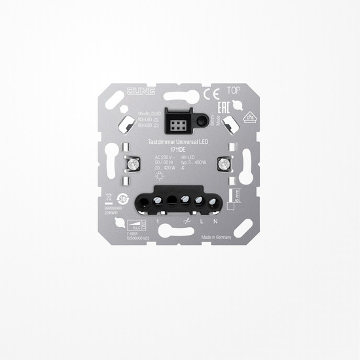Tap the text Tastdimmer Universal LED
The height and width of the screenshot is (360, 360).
click(x=179, y=140)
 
